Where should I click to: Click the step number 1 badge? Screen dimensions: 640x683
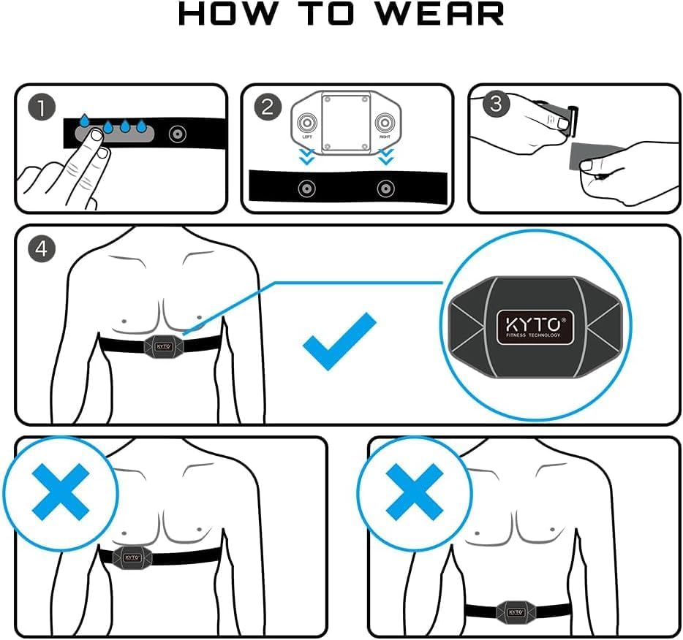42,108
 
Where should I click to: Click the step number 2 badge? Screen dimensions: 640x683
268,108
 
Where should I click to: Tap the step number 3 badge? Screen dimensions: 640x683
497,104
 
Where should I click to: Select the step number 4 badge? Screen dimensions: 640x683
42,248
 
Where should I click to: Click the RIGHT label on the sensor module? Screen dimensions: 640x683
385,136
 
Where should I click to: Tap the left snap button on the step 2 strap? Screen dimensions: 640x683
307,189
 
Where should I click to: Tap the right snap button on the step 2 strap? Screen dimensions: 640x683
385,189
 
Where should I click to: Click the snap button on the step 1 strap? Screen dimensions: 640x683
176,134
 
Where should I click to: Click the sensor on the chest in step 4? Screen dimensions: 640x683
162,346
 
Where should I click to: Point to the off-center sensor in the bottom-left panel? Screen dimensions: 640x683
132,556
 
